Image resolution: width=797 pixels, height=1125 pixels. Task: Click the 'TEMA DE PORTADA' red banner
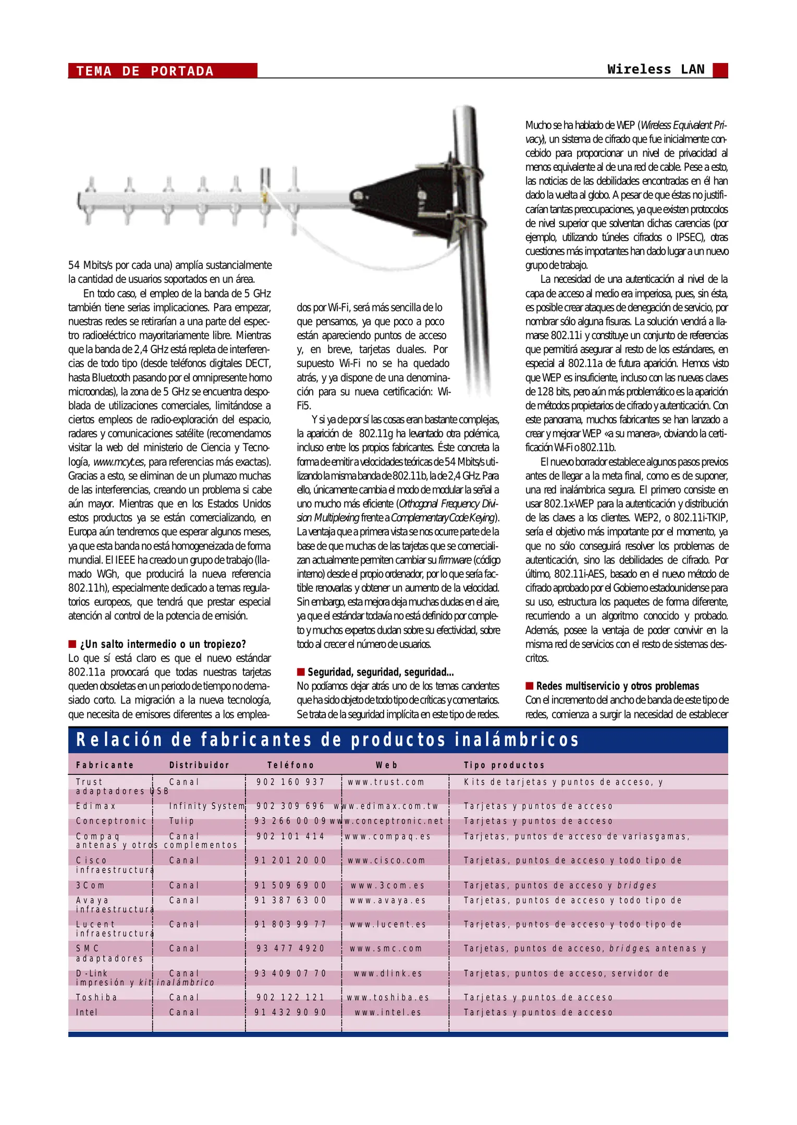[x=162, y=71]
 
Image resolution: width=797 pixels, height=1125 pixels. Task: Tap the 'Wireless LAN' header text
[x=655, y=69]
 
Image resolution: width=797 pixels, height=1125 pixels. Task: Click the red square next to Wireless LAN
[x=720, y=70]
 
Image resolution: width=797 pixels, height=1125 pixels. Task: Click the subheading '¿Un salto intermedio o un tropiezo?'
[x=162, y=644]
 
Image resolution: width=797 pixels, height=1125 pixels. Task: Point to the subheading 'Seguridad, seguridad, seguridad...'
[x=380, y=672]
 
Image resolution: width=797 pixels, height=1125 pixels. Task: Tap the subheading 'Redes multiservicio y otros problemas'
[x=617, y=686]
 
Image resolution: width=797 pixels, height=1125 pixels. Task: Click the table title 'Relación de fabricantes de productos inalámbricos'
[x=327, y=740]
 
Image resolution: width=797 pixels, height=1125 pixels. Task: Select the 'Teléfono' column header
[x=291, y=765]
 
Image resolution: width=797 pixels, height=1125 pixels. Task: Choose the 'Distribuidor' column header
[x=199, y=765]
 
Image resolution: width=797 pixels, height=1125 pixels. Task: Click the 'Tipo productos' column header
[x=504, y=765]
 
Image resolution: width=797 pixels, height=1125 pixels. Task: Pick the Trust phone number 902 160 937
[x=290, y=782]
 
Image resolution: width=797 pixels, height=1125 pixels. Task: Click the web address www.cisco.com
[x=386, y=860]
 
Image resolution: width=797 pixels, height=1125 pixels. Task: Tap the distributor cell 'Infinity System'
[x=207, y=806]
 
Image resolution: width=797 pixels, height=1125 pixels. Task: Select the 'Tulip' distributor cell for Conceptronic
[x=181, y=821]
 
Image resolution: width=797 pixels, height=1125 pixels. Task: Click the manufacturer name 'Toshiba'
[x=96, y=997]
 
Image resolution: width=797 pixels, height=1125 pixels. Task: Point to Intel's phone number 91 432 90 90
[x=290, y=1013]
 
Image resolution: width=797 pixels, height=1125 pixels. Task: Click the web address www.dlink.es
[x=388, y=973]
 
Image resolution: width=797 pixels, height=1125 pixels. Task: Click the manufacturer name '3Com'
[x=90, y=885]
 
